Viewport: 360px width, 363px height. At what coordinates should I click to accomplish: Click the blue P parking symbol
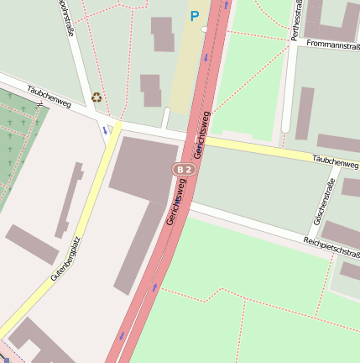(195, 16)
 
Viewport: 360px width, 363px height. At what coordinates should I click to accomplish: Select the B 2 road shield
(185, 169)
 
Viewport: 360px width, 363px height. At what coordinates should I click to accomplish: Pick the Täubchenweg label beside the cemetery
(49, 97)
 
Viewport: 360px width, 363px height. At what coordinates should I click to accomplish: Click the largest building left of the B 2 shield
(143, 168)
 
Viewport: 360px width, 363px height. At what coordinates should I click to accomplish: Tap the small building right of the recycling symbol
(151, 90)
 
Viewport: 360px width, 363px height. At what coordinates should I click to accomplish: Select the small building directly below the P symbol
(162, 34)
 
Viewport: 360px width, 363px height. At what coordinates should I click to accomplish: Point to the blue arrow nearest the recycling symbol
(106, 130)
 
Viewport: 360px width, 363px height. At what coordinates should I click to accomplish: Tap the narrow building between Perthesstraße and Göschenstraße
(304, 113)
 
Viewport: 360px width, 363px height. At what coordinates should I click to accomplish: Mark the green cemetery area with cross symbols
(17, 134)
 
